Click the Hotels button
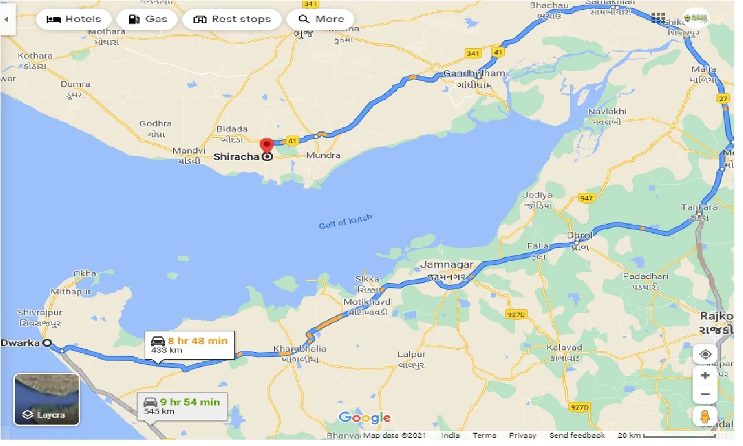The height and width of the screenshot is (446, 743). click(73, 19)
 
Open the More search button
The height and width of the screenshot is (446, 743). click(321, 19)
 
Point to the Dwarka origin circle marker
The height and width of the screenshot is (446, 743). click(48, 343)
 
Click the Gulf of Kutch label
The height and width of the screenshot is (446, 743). click(345, 221)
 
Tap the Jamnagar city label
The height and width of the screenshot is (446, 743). click(447, 265)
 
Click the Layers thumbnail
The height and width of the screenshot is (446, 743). click(46, 399)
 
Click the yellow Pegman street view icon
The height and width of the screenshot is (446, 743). click(705, 417)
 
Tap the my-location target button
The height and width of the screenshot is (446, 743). click(705, 354)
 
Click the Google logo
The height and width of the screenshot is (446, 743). click(365, 417)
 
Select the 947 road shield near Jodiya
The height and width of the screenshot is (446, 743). click(586, 199)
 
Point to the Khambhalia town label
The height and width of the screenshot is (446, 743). click(299, 349)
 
